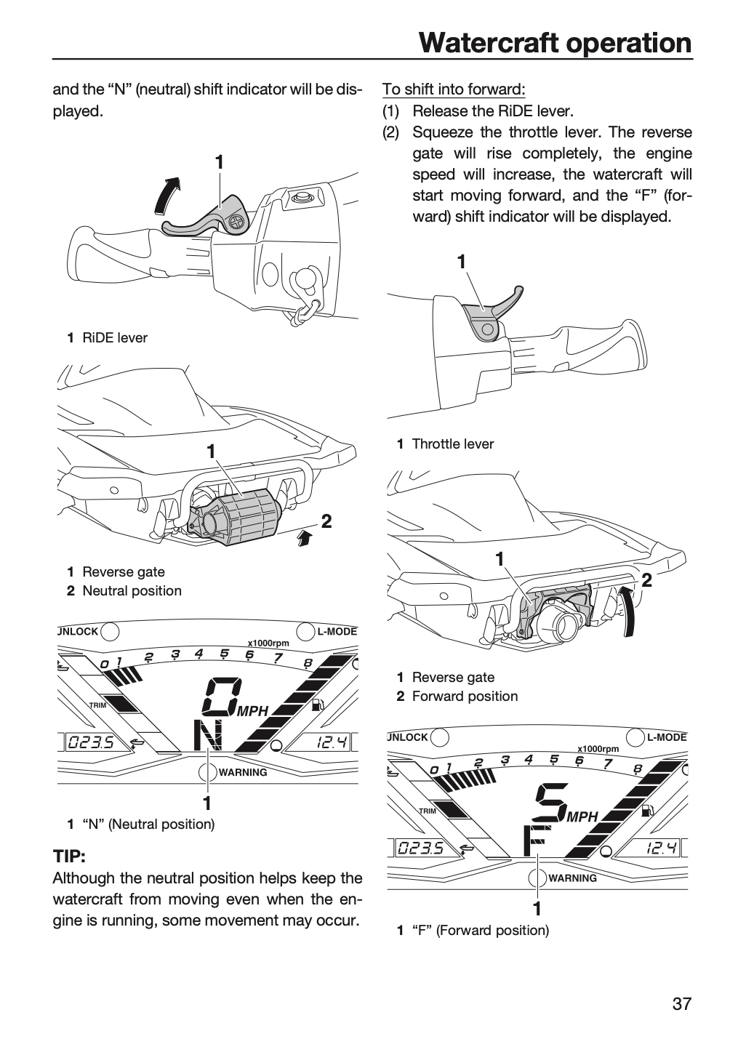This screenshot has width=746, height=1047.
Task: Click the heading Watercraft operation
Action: coord(556,43)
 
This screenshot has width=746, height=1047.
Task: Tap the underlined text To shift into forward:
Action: coord(454,89)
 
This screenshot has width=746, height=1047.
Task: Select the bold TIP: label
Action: coord(69,857)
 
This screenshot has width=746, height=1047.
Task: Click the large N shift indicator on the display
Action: coord(209,736)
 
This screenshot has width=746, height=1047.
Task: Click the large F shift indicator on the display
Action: coord(534,841)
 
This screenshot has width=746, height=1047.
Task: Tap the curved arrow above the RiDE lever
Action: coord(167,196)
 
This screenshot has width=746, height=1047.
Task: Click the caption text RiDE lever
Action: coord(115,337)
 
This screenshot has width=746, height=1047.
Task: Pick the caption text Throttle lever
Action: coord(453,444)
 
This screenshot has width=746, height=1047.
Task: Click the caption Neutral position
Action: coord(132,590)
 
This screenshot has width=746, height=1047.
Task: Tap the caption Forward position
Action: coord(465,696)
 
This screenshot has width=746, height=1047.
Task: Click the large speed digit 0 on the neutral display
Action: coord(222,696)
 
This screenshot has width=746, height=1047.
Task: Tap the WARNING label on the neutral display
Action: coord(243,773)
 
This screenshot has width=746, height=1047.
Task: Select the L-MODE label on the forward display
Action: coord(667,737)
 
